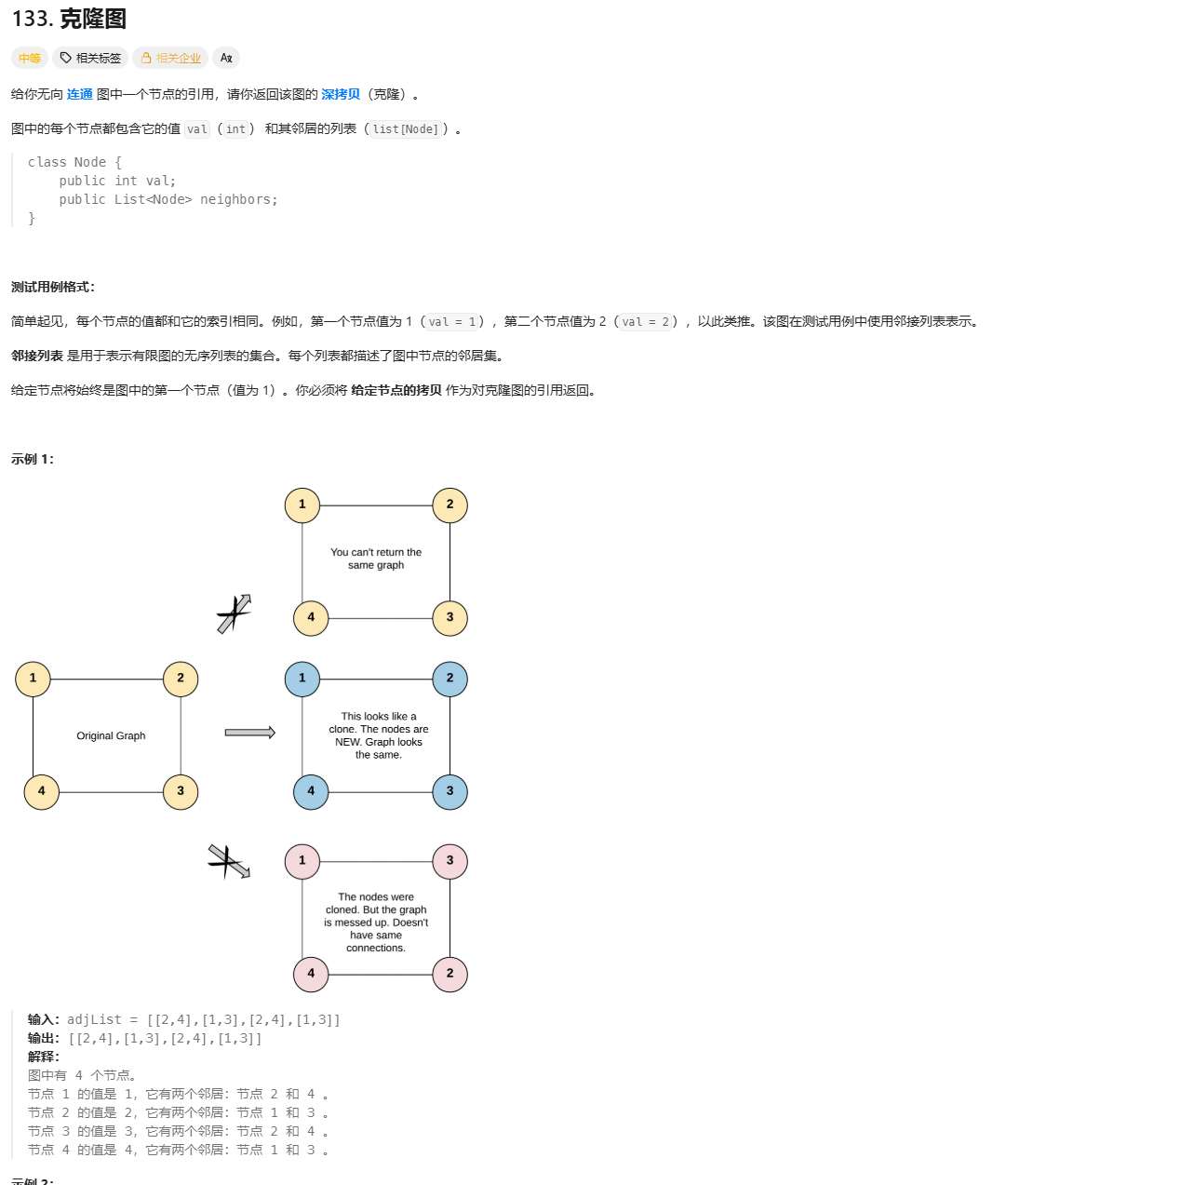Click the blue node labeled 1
tap(302, 679)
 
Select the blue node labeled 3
tap(449, 791)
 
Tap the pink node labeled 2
tap(449, 974)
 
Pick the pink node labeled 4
tap(311, 974)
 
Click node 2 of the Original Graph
tap(181, 679)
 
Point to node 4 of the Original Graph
tap(41, 791)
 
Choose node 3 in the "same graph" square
tap(449, 617)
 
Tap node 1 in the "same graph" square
tap(302, 505)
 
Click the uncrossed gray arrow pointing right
tap(249, 733)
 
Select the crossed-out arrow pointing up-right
tap(234, 613)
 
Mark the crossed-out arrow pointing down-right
tap(228, 861)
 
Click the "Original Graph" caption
tap(111, 735)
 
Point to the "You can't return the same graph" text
tap(376, 559)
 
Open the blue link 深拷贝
tap(341, 94)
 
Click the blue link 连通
tap(80, 94)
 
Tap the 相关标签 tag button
tap(90, 58)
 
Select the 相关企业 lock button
tap(170, 58)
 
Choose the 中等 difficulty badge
tap(30, 58)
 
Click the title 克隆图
tap(92, 19)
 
